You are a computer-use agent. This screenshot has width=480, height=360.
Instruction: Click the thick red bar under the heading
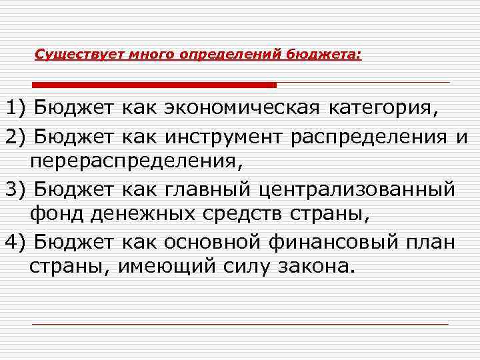[x=155, y=85]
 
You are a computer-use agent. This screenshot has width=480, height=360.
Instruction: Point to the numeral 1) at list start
[x=15, y=108]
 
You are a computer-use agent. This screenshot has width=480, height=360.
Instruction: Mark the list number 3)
[x=15, y=189]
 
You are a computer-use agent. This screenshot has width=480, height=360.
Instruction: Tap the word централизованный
[x=360, y=190]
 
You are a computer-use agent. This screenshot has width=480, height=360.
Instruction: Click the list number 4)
[x=15, y=242]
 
